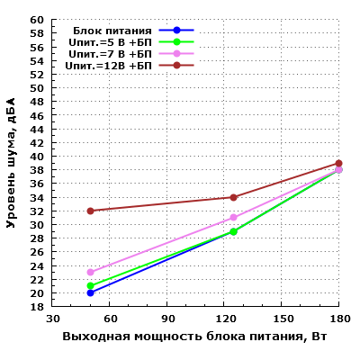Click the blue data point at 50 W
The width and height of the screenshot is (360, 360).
[x=90, y=292]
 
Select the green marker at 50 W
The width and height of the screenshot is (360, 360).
[x=90, y=285]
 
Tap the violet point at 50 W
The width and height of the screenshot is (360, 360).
[x=90, y=272]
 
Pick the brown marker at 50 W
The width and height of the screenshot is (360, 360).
[x=90, y=211]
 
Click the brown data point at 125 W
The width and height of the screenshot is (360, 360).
[x=233, y=197]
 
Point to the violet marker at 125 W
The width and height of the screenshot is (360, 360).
[x=233, y=217]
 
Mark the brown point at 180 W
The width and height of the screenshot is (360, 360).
[x=338, y=163]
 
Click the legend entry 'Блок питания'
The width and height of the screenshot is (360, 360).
[x=112, y=30]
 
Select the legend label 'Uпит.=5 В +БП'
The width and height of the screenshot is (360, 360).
[x=111, y=41]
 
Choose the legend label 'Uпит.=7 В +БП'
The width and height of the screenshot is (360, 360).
[x=111, y=53]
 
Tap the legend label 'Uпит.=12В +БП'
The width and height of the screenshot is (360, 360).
[x=108, y=65]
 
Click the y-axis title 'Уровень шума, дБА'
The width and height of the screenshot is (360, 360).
[x=12, y=163]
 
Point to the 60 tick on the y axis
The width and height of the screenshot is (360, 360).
[x=37, y=20]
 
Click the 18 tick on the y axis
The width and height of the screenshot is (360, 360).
[x=37, y=307]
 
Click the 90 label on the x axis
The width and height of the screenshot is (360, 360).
[x=166, y=319]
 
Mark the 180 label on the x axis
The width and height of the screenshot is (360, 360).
[x=338, y=319]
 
